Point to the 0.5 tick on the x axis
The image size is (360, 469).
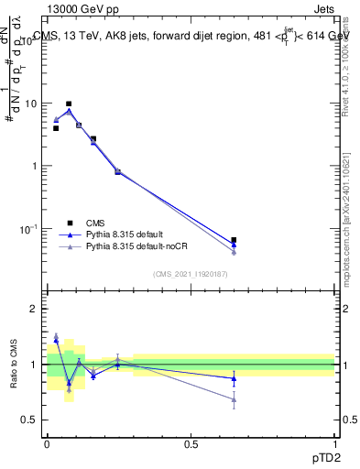[x=191, y=444]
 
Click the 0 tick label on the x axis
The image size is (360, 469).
[x=47, y=444]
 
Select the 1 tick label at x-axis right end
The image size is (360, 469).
[x=334, y=444]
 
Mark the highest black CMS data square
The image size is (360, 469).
[x=69, y=104]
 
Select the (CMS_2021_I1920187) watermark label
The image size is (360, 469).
[x=191, y=274]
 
